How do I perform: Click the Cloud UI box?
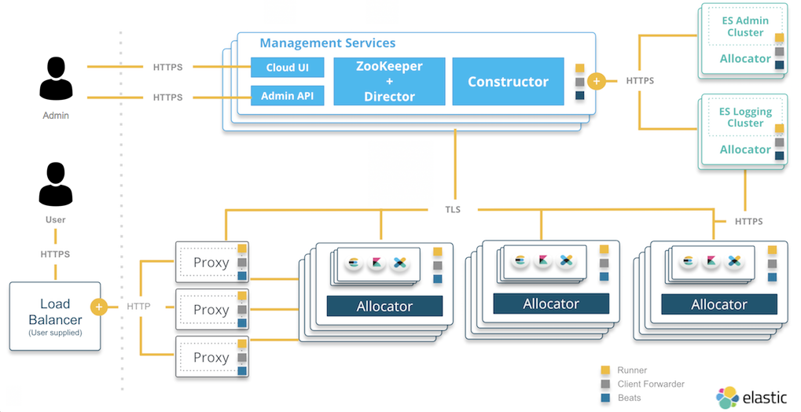pos(287,68)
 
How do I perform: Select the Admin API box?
pos(287,96)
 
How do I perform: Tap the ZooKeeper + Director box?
pos(389,81)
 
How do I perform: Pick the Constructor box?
pos(508,81)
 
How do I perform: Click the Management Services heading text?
pos(328,43)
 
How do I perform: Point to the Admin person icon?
pos(56,80)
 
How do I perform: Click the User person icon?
pos(55,185)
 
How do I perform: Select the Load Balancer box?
pos(55,316)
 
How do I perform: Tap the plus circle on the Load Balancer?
pos(99,307)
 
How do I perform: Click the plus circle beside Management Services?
pos(596,81)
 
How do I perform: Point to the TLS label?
pos(452,210)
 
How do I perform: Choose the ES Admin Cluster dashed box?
pos(745,27)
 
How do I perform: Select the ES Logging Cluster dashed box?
pos(745,117)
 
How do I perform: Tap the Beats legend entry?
pos(629,398)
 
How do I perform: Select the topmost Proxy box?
pos(211,263)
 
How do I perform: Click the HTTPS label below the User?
pos(55,254)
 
